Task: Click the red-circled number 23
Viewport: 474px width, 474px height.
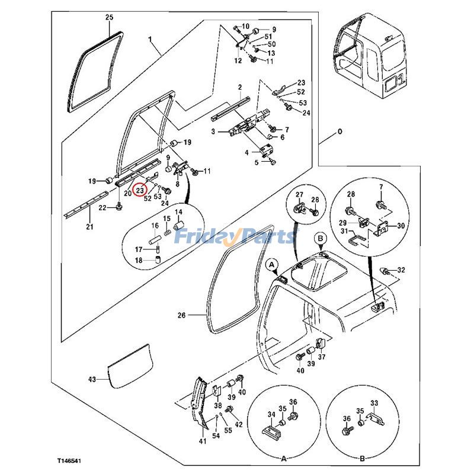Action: (140, 191)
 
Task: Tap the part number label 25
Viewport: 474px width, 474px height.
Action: (109, 18)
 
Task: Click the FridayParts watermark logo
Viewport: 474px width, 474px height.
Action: (240, 237)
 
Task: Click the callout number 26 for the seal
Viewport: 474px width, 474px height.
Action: (181, 315)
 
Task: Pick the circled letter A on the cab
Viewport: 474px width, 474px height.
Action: (273, 262)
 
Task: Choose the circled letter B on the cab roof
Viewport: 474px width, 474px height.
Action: (320, 238)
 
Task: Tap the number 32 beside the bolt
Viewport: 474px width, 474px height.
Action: (401, 270)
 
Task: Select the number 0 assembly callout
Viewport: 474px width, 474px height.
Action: (340, 131)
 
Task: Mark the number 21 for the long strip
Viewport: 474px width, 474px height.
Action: (89, 227)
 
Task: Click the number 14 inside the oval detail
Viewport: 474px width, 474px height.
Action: (178, 212)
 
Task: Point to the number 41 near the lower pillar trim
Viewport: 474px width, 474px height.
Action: (202, 440)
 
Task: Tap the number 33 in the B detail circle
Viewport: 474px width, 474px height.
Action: (374, 403)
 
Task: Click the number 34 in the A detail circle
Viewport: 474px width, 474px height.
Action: (271, 414)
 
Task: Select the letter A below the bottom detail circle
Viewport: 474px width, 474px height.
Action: (283, 459)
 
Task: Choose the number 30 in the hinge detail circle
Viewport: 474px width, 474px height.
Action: (401, 226)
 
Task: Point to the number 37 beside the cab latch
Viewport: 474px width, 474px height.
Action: (322, 357)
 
